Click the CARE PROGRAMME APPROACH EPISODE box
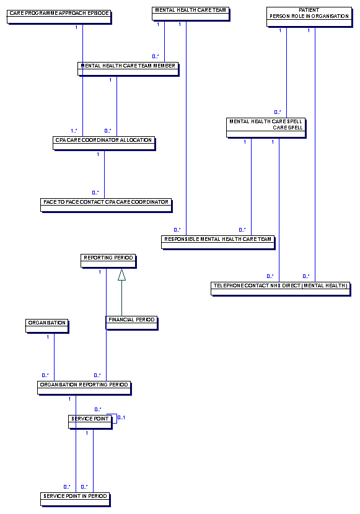(59, 17)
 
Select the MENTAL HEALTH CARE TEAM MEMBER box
(128, 69)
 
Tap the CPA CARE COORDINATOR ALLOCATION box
(104, 143)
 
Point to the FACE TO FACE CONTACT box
(106, 205)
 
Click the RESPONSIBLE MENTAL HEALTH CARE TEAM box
(218, 243)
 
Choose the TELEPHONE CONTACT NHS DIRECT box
(281, 289)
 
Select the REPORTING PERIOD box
(108, 261)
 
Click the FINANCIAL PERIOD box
(131, 323)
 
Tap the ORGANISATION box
(47, 326)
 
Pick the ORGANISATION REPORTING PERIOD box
(84, 388)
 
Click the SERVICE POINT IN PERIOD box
(76, 500)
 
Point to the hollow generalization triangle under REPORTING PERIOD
(121, 275)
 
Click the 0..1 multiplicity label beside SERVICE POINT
(121, 417)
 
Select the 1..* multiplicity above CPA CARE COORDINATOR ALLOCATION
(74, 131)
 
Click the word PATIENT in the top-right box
(309, 10)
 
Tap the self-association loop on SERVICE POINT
(116, 418)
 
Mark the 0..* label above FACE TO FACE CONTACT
(95, 193)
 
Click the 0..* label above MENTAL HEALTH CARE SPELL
(278, 112)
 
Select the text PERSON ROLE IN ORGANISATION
(309, 16)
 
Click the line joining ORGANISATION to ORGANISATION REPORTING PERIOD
(54, 357)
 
